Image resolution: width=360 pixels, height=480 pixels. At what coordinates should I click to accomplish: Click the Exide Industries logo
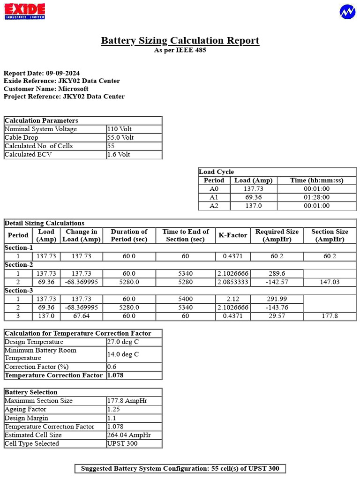pos(25,11)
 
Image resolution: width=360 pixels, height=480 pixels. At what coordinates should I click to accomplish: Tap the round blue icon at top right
pos(347,12)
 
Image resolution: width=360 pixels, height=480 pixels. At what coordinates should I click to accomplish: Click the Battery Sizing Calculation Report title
pos(180,41)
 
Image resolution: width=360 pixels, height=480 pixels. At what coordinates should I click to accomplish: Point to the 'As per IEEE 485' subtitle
pos(180,50)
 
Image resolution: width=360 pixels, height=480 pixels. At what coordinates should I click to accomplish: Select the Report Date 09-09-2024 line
pos(42,73)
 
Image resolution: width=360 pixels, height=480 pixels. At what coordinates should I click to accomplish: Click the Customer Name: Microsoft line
pos(46,89)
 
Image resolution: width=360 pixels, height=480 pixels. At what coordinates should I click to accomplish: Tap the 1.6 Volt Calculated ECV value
pos(119,154)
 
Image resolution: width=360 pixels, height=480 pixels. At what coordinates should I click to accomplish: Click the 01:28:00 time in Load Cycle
pos(316,197)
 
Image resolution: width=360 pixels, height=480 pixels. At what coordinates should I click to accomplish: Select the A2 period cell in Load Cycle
pos(214,206)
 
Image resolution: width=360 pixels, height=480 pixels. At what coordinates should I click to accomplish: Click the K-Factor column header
pos(233,235)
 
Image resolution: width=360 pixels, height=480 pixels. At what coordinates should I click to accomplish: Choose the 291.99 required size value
pos(277,299)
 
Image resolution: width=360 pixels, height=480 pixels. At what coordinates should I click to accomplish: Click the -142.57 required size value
pos(277,282)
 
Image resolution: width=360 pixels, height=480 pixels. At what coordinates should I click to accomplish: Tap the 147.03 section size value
pos(330,282)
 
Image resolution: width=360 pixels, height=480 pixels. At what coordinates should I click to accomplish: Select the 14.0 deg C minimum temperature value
pos(123,354)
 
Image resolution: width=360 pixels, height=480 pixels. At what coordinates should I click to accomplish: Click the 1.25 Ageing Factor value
pos(113,409)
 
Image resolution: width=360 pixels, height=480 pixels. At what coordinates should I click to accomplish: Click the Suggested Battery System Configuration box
pos(180,469)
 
